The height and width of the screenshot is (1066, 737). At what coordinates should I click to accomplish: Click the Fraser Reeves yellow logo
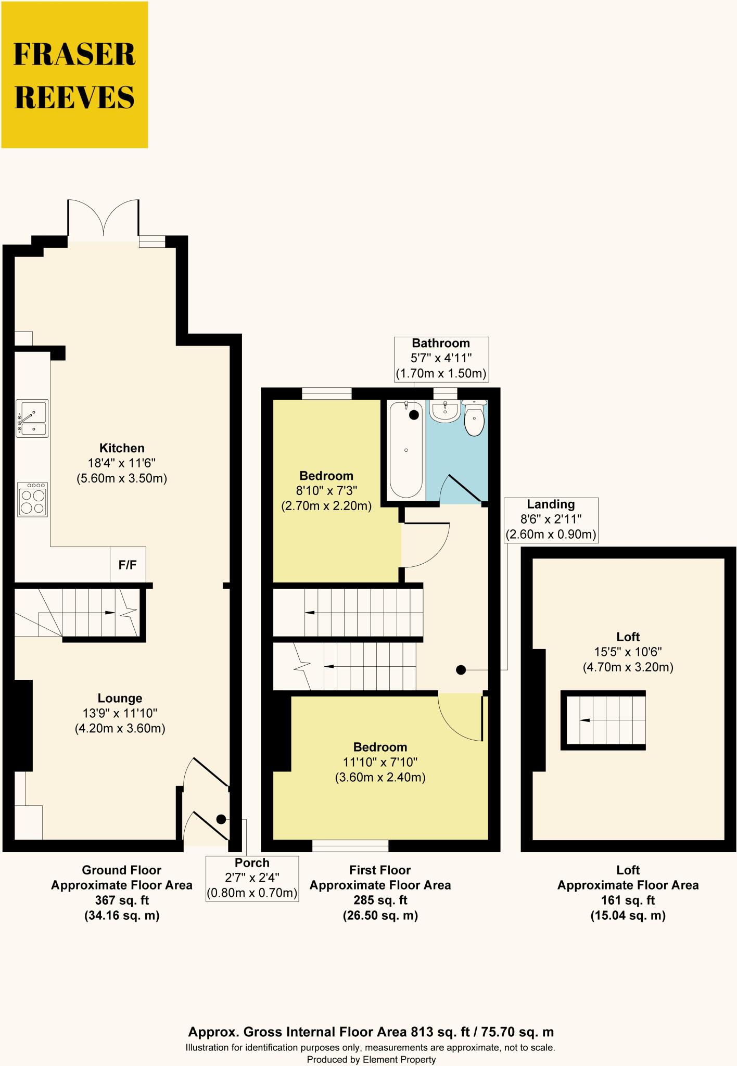[74, 75]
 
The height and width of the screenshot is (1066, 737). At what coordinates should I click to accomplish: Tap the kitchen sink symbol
[32, 418]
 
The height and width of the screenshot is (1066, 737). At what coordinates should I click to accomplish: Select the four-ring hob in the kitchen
[32, 500]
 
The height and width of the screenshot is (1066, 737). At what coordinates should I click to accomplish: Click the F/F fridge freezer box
[128, 565]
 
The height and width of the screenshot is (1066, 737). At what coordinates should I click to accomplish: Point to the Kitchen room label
[122, 448]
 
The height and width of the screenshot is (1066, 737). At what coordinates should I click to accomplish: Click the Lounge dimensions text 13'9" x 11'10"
[120, 713]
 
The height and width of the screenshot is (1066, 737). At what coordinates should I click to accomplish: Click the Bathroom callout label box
[441, 359]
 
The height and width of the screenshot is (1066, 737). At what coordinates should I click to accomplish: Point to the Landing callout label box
[551, 519]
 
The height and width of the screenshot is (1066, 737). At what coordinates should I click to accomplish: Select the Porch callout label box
[252, 879]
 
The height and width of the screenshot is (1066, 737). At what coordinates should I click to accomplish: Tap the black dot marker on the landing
[461, 670]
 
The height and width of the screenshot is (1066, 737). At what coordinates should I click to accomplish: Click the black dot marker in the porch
[221, 819]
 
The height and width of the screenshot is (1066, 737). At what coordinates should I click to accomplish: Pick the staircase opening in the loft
[603, 720]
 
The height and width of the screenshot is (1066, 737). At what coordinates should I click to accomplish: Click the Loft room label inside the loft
[628, 637]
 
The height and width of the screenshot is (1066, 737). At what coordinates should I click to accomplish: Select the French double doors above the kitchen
[104, 220]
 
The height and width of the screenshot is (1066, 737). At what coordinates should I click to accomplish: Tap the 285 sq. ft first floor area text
[380, 900]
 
